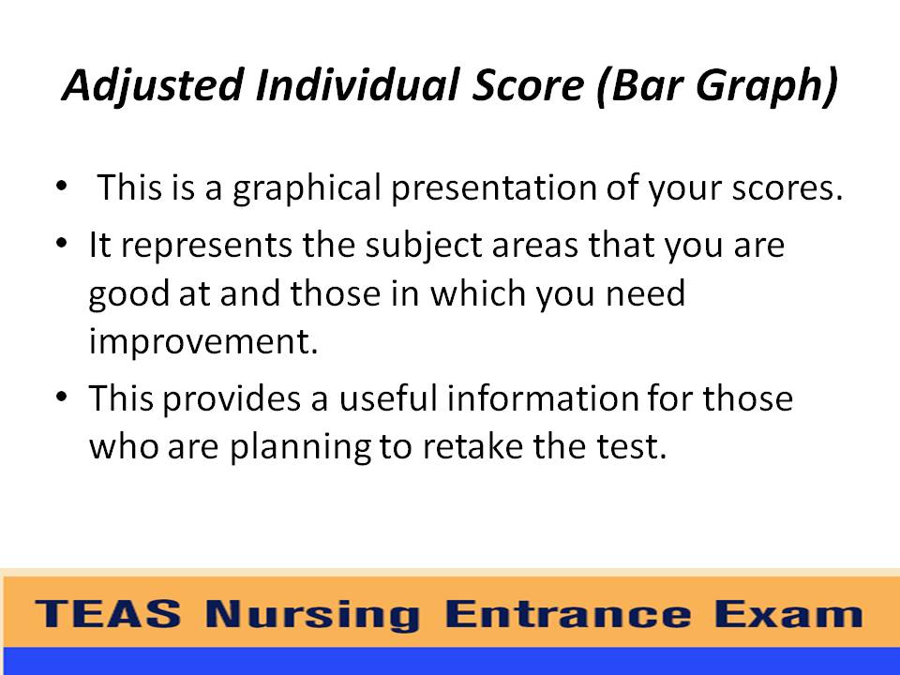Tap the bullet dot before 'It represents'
coord(62,243)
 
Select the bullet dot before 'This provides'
coord(62,397)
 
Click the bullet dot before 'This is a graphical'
coord(62,185)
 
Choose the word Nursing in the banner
coord(314,615)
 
